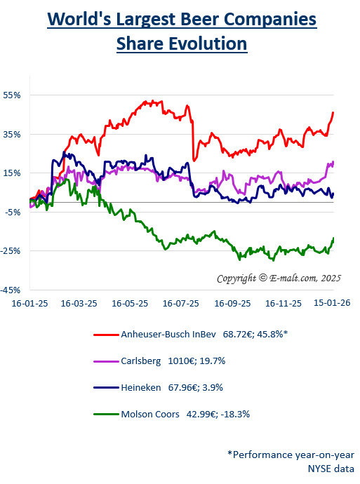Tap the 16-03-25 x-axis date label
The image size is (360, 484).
(79, 304)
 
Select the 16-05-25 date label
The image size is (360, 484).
(131, 304)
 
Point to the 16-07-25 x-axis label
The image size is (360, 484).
(181, 304)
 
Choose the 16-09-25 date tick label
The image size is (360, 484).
(232, 304)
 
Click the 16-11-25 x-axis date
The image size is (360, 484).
(283, 304)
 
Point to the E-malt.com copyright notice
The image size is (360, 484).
(278, 278)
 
